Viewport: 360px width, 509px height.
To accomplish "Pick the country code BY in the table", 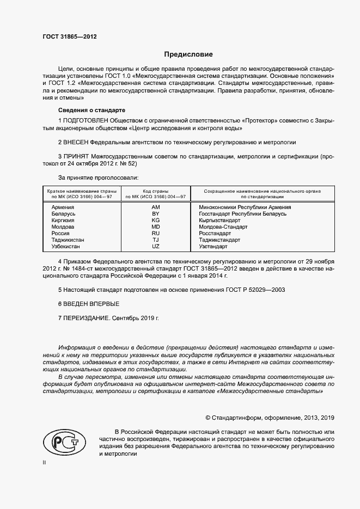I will click(x=155, y=214).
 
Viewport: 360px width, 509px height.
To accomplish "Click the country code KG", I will click(x=155, y=220).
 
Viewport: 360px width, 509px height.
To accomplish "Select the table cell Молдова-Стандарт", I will click(x=223, y=227).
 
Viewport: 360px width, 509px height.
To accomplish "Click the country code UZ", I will click(x=155, y=247).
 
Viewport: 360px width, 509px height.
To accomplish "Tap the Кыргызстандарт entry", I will click(x=219, y=220).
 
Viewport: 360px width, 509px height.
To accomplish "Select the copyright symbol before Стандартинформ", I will click(x=208, y=418).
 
